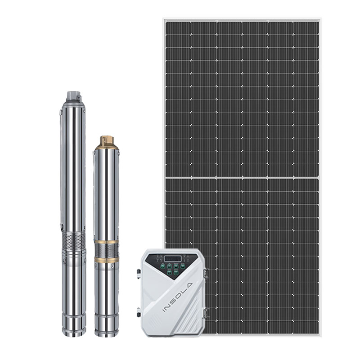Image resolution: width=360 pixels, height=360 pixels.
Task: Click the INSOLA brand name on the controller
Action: coord(177,297)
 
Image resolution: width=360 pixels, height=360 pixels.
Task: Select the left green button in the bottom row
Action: coord(170,273)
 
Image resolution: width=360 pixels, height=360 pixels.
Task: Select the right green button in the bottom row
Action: coord(176,273)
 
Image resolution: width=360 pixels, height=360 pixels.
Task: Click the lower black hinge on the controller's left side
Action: coord(139,312)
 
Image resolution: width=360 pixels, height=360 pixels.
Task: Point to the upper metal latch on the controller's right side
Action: coord(206,273)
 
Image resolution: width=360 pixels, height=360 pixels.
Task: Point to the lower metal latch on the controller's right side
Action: coord(206,313)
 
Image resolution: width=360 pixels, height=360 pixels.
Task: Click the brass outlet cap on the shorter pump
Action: coord(107,142)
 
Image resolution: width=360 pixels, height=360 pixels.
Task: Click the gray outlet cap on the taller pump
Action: coord(74,96)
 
